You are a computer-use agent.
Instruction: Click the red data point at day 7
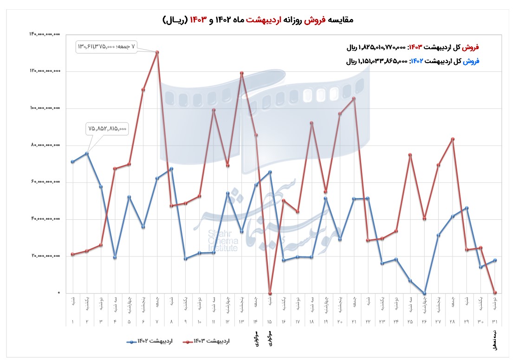click(157, 52)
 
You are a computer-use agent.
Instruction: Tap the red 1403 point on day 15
click(270, 293)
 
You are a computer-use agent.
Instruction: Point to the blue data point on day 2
click(87, 153)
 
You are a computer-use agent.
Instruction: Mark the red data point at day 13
click(242, 73)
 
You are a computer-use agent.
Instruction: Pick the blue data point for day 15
click(270, 172)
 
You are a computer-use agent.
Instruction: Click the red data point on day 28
click(453, 139)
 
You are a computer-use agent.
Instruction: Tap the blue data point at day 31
click(495, 260)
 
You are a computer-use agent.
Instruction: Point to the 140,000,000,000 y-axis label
click(45, 34)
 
